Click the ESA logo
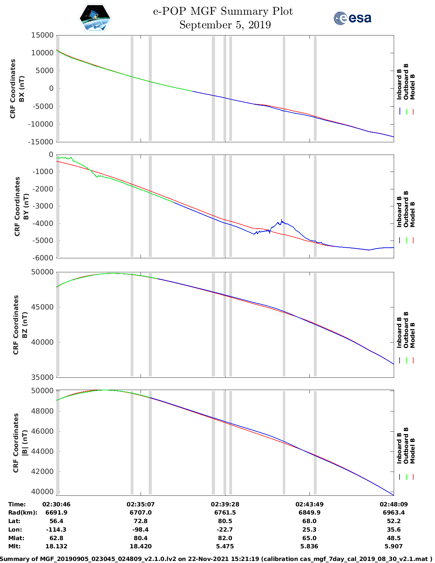point(352,18)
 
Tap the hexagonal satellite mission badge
point(95,18)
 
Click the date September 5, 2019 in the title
point(225,25)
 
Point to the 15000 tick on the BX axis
point(42,35)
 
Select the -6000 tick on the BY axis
point(42,258)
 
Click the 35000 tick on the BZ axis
point(42,377)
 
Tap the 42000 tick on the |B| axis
point(42,472)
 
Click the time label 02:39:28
point(225,504)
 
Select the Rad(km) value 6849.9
point(309,513)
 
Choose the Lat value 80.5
point(225,521)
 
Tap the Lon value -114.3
point(56,530)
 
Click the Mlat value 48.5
point(394,538)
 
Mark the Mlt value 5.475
point(225,546)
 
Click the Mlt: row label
point(14,546)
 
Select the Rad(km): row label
point(23,513)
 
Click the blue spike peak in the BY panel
point(281,219)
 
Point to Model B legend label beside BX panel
point(412,87)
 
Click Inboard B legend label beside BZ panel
point(399,333)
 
